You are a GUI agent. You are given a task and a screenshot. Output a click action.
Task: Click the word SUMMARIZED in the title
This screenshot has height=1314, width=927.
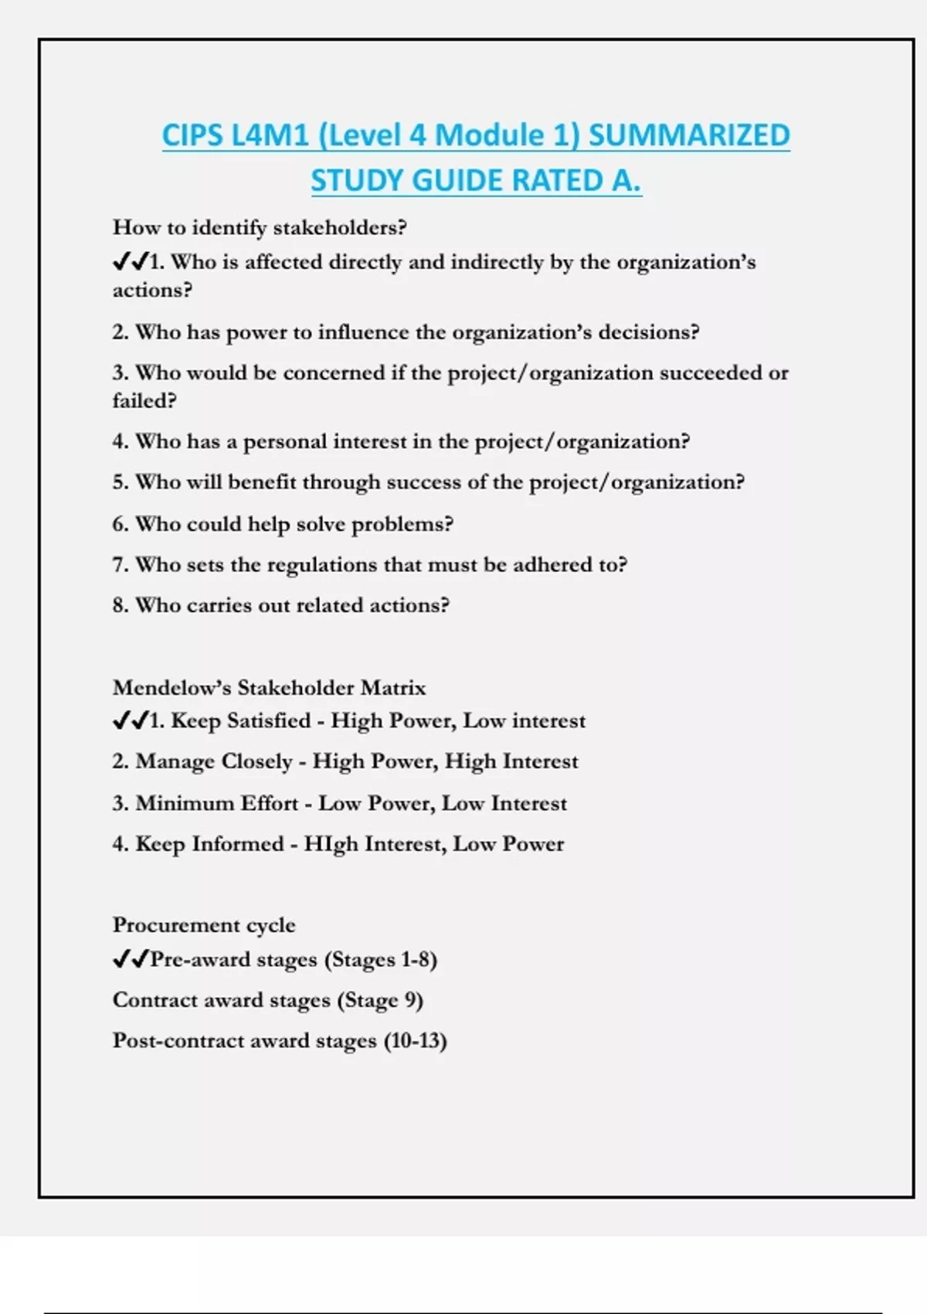click(689, 136)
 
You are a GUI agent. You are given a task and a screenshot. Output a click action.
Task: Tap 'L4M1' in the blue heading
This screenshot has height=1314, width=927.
click(270, 136)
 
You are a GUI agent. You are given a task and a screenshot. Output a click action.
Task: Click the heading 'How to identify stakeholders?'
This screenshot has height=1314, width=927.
click(260, 227)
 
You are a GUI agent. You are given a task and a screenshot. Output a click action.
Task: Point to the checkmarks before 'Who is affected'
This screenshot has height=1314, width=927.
click(130, 262)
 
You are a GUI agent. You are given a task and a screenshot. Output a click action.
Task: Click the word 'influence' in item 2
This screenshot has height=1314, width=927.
click(364, 332)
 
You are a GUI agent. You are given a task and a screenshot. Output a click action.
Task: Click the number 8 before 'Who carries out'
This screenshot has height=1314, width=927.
click(119, 605)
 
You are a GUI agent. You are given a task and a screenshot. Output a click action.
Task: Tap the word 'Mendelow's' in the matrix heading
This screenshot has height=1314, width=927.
click(171, 688)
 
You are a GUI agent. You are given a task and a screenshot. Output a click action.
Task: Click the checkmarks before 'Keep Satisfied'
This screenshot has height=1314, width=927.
click(130, 721)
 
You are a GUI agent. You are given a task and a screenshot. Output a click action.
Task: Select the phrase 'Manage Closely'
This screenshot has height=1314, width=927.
click(213, 762)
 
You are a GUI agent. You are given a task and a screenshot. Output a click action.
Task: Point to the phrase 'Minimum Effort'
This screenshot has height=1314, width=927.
click(216, 804)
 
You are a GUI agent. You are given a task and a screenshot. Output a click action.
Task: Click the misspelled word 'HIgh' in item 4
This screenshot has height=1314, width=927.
click(331, 844)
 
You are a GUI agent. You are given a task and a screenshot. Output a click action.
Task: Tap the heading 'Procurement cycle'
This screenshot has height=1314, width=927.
click(204, 925)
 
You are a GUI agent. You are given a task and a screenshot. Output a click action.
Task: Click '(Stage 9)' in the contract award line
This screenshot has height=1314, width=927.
click(380, 1001)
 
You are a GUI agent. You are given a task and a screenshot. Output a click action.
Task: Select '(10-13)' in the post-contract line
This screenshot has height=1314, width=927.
click(415, 1041)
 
